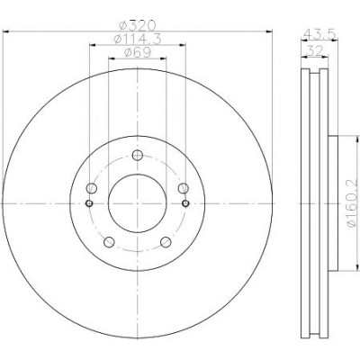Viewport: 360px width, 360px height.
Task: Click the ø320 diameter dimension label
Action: click(x=137, y=25)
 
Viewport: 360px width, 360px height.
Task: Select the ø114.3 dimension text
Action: click(x=138, y=39)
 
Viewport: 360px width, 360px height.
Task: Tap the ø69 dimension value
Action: click(x=138, y=52)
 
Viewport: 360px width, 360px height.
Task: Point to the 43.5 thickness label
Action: click(x=319, y=33)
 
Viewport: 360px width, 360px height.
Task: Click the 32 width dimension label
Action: click(x=314, y=50)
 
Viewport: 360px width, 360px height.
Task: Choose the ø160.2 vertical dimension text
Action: click(x=354, y=202)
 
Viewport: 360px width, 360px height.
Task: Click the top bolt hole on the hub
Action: click(x=138, y=155)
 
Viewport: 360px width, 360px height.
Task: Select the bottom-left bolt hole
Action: click(x=109, y=242)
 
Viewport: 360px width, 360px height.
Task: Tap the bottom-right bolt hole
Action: click(x=166, y=242)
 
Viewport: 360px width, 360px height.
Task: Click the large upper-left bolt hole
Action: click(x=92, y=188)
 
